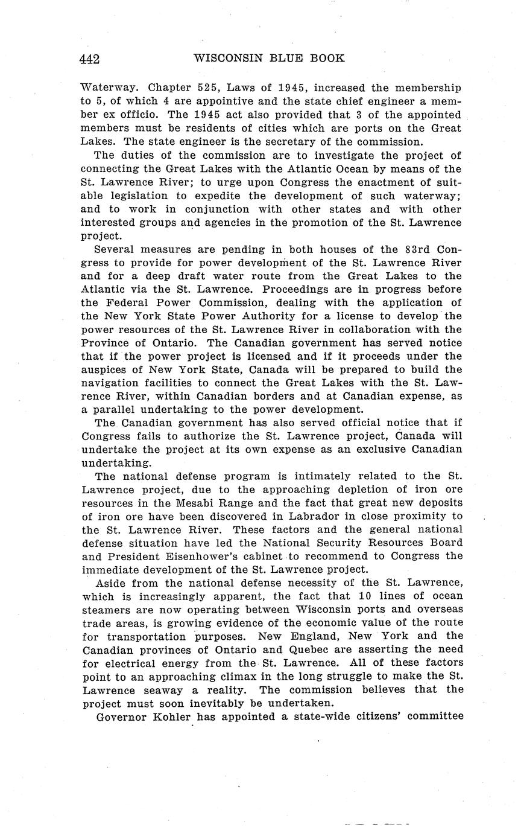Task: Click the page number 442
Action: pyautogui.click(x=89, y=59)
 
